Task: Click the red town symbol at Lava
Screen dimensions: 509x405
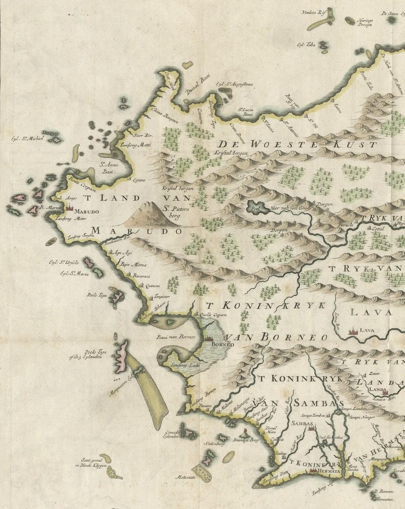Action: [352, 331]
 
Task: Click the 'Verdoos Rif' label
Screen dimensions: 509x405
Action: [311, 13]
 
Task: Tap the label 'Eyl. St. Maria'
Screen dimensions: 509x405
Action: [73, 273]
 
